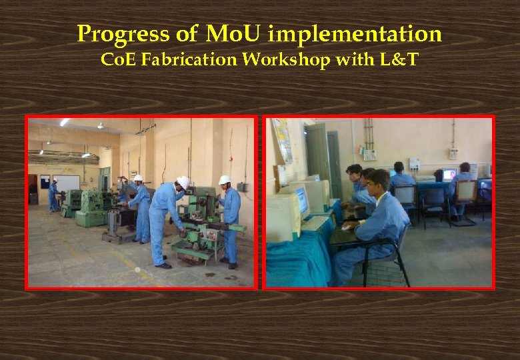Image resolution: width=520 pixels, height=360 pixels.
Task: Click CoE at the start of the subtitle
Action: (113, 60)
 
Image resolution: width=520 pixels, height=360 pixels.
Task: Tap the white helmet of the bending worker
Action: (183, 181)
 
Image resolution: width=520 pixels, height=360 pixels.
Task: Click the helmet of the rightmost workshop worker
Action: (225, 180)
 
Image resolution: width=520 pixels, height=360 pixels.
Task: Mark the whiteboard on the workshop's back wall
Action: (66, 182)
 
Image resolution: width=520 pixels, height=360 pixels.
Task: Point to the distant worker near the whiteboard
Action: (53, 195)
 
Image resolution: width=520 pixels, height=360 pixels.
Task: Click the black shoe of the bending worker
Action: (163, 265)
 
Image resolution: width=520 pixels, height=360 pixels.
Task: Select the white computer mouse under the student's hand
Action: (347, 227)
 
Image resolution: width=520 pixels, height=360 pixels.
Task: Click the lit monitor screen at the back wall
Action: (450, 175)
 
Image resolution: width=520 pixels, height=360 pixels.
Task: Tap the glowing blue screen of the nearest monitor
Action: (302, 200)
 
